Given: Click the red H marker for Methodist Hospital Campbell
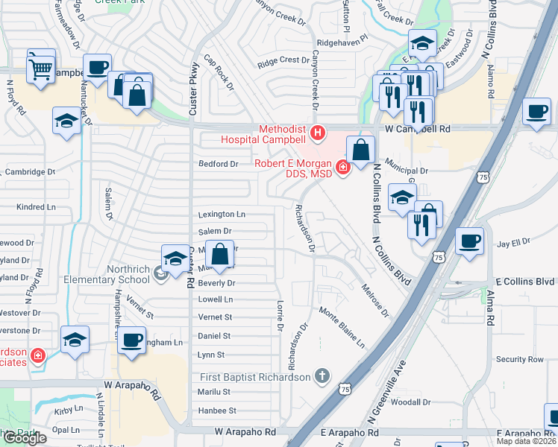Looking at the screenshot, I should click(x=319, y=134).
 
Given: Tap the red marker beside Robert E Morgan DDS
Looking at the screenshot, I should click(x=343, y=168).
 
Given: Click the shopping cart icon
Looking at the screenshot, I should click(x=41, y=69).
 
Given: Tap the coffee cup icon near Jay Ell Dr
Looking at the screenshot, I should click(x=470, y=241).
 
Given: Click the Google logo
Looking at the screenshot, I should click(x=24, y=438).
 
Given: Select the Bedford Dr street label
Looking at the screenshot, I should click(x=218, y=164).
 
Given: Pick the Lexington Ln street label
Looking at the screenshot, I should click(x=222, y=215).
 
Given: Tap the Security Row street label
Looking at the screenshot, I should click(x=521, y=359).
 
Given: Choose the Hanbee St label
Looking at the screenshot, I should click(x=217, y=410).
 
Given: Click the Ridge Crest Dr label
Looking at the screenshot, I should click(x=283, y=60).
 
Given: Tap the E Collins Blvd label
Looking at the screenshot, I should click(x=525, y=282).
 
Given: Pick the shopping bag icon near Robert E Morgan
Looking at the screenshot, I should click(x=360, y=150).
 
